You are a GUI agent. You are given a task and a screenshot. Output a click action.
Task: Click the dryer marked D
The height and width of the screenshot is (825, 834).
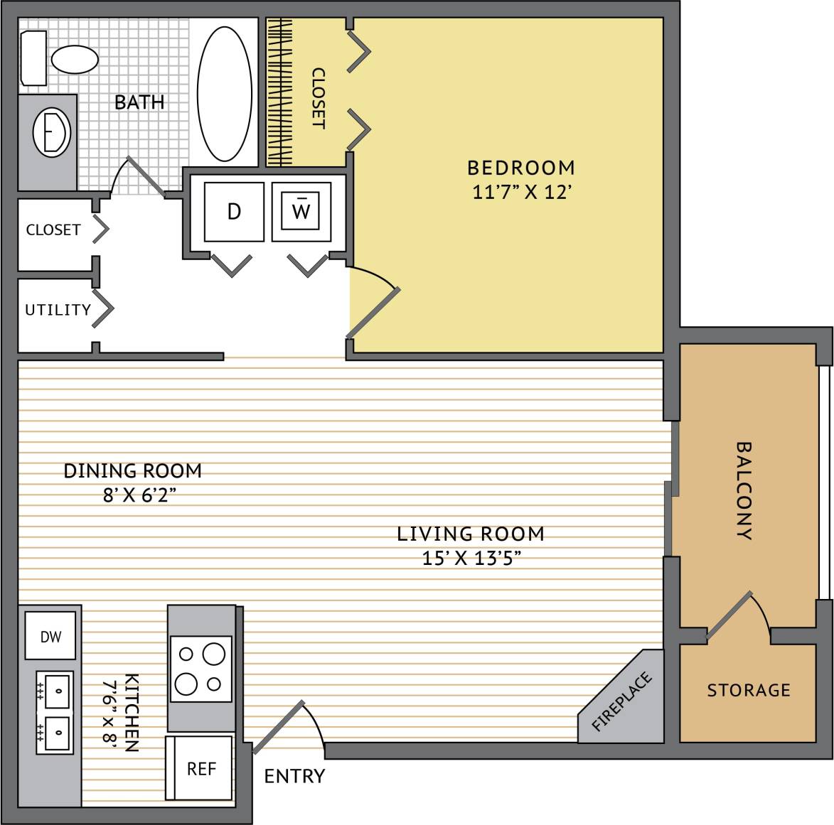pyautogui.click(x=234, y=211)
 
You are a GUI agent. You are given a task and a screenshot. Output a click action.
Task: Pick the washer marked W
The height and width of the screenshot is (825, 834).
pyautogui.click(x=301, y=211)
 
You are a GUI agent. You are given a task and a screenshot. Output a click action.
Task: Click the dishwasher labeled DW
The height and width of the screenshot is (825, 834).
pyautogui.click(x=50, y=637)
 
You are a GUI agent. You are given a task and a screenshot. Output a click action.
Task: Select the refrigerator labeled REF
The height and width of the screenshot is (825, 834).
pyautogui.click(x=201, y=769)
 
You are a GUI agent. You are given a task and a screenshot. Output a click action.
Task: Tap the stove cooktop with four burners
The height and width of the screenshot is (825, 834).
pyautogui.click(x=202, y=668)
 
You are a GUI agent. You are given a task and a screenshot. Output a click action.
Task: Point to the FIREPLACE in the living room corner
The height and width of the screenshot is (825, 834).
pyautogui.click(x=621, y=702)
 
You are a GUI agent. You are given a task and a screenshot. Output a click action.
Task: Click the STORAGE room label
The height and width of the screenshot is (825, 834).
pyautogui.click(x=748, y=690)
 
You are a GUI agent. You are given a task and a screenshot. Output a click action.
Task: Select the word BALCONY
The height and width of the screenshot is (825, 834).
pyautogui.click(x=744, y=491)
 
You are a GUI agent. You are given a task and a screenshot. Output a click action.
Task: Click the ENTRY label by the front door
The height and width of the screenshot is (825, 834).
pyautogui.click(x=294, y=776)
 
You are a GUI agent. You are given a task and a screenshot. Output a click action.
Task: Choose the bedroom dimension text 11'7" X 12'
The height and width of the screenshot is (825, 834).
pyautogui.click(x=522, y=192)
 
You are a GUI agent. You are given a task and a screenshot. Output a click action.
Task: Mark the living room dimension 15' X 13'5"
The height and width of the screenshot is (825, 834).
pyautogui.click(x=471, y=559)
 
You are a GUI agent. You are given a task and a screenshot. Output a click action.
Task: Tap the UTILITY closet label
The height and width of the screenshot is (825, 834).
pyautogui.click(x=58, y=310)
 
